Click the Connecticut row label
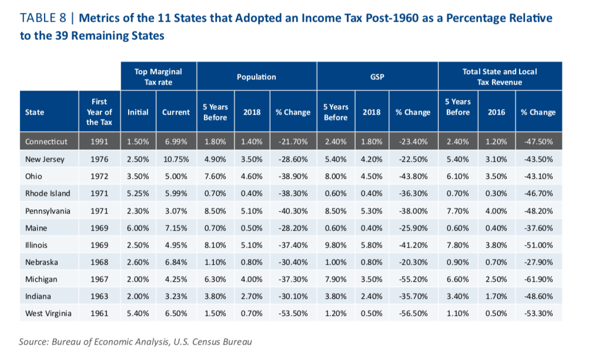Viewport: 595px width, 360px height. tap(46, 141)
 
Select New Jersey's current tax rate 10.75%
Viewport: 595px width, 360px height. tap(176, 159)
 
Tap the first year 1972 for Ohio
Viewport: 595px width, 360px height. tap(99, 176)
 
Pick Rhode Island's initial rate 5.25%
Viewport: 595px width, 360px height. tap(138, 193)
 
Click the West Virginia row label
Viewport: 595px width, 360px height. tap(49, 313)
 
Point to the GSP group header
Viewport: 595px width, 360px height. tap(377, 76)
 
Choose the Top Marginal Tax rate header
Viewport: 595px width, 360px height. tap(158, 76)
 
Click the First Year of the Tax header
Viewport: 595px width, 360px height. tap(99, 112)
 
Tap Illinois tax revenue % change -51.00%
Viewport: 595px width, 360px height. tap(537, 244)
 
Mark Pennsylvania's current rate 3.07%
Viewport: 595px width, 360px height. tap(176, 210)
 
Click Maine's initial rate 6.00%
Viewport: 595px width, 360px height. tap(138, 227)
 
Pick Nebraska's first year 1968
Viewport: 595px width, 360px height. tap(99, 262)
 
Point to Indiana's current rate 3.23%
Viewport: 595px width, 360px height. tap(176, 296)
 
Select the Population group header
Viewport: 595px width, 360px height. tap(256, 76)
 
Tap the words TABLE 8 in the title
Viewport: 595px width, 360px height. tap(44, 18)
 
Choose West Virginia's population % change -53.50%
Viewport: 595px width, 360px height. tap(292, 313)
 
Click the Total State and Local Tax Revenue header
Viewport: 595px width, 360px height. tap(500, 76)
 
